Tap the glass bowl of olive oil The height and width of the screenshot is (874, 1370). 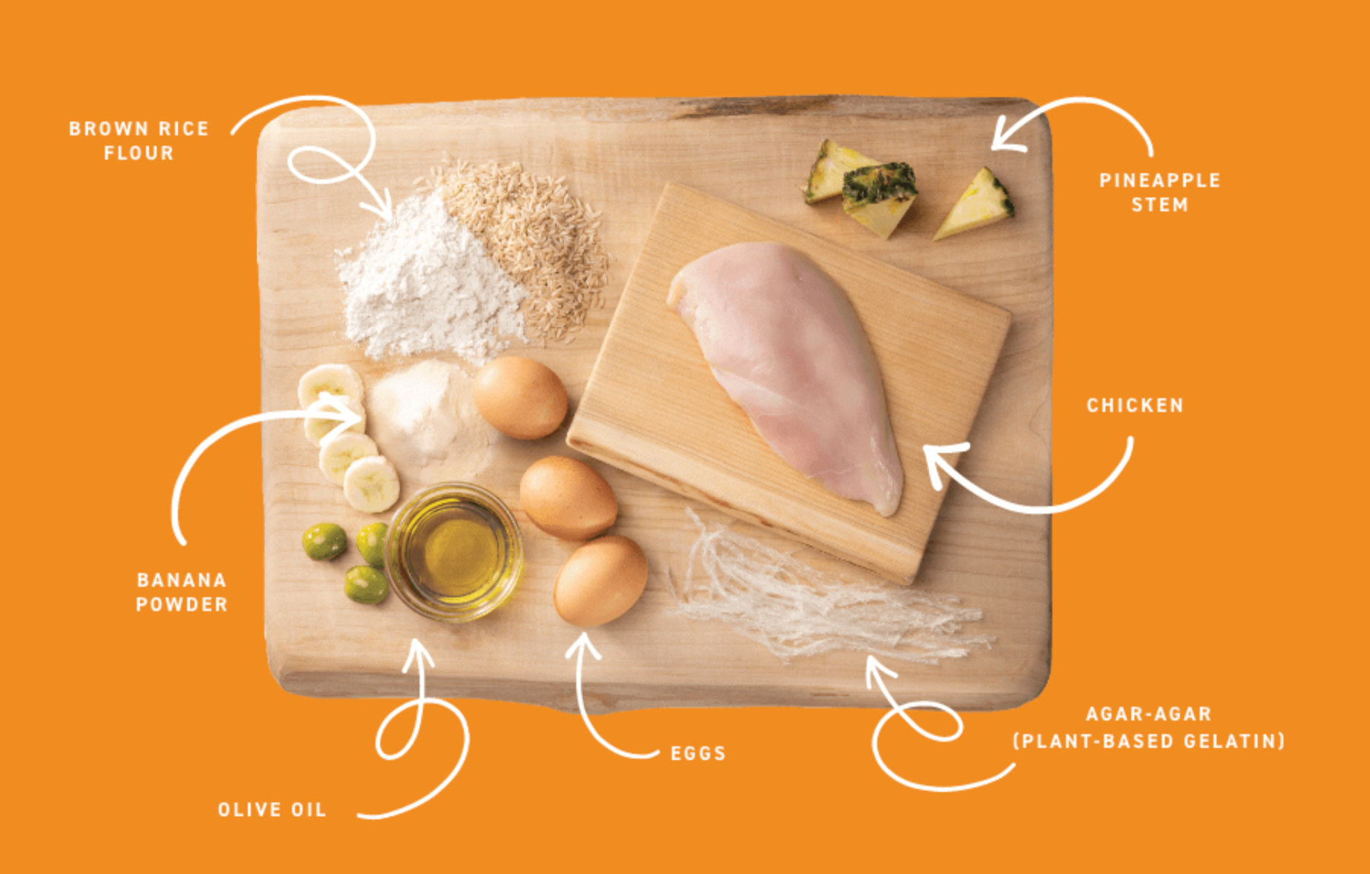pyautogui.click(x=454, y=551)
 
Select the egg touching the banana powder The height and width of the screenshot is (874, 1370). pyautogui.click(x=520, y=397)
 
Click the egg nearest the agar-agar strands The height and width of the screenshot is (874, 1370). pyautogui.click(x=601, y=581)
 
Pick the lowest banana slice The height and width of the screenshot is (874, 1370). pyautogui.click(x=371, y=484)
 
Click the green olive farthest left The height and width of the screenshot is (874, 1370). pyautogui.click(x=325, y=542)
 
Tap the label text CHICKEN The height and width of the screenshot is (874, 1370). pyautogui.click(x=1135, y=405)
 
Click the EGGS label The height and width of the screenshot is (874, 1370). pyautogui.click(x=698, y=753)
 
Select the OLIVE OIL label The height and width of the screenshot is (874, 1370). pyautogui.click(x=272, y=809)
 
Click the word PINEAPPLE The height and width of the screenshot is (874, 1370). pyautogui.click(x=1159, y=180)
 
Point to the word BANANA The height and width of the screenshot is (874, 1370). pyautogui.click(x=182, y=580)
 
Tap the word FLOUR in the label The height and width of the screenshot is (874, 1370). pyautogui.click(x=139, y=153)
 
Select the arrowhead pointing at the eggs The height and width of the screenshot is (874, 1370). pyautogui.click(x=582, y=646)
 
